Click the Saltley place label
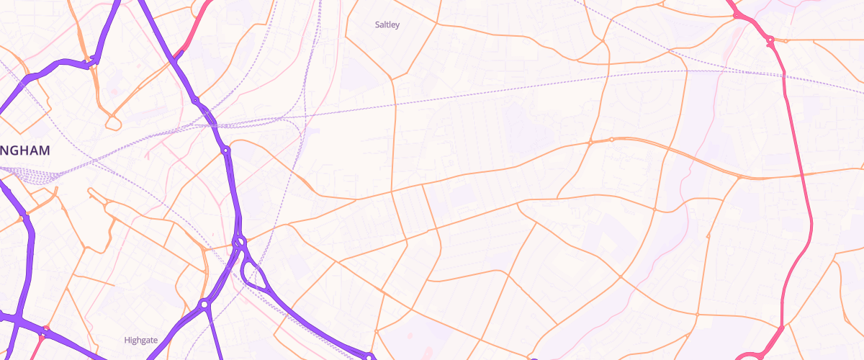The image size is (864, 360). pos(387,24)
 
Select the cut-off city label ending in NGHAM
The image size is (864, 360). pos(25,150)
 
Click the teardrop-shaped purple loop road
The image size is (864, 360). pos(253,274)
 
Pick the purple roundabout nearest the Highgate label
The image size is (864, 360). pos(204,305)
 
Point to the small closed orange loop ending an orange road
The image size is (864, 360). pos(113,123)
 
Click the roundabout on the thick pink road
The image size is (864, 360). pos(770,40)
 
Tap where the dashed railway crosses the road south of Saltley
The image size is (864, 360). pos(394,107)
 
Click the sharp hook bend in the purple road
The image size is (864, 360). pos(94,63)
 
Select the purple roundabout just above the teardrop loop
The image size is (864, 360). pos(240,241)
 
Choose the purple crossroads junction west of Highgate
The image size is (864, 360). pos(16,318)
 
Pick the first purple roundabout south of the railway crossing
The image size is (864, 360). pos(225,150)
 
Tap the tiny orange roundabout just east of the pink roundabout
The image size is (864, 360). pos(786,40)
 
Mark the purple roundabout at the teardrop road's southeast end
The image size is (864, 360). pos(368,356)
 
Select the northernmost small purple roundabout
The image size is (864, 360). pos(195,99)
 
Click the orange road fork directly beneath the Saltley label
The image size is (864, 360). pos(392,78)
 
